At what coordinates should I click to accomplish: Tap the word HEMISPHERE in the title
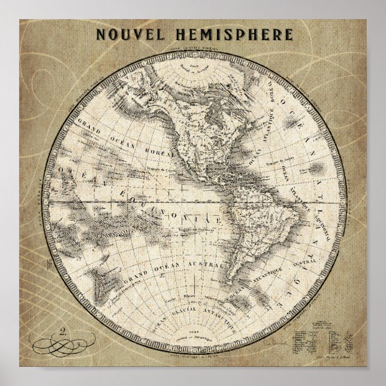coord(234,33)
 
